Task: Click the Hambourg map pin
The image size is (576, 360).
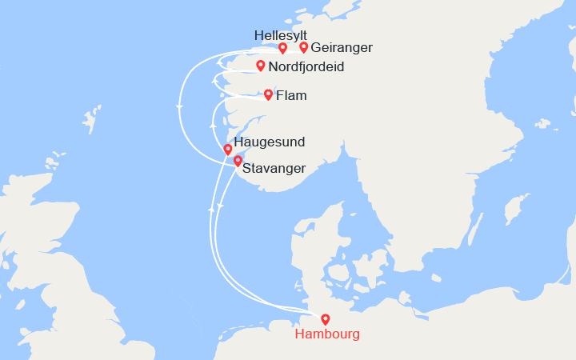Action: click(x=325, y=319)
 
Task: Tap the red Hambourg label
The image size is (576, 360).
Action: click(x=327, y=334)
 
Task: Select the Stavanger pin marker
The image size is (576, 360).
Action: click(x=237, y=161)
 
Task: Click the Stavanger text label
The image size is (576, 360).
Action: click(x=274, y=169)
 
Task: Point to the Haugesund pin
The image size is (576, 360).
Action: click(x=228, y=150)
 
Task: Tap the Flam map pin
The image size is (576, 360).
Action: click(x=268, y=95)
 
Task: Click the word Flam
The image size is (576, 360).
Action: click(x=291, y=97)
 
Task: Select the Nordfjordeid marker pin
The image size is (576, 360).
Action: click(x=260, y=66)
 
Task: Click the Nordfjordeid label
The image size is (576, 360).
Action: click(x=306, y=67)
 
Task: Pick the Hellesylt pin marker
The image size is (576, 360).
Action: click(x=283, y=48)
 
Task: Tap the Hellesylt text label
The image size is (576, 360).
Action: click(x=280, y=35)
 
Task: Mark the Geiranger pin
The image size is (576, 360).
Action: click(x=304, y=48)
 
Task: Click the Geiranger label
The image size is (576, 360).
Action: click(x=342, y=48)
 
